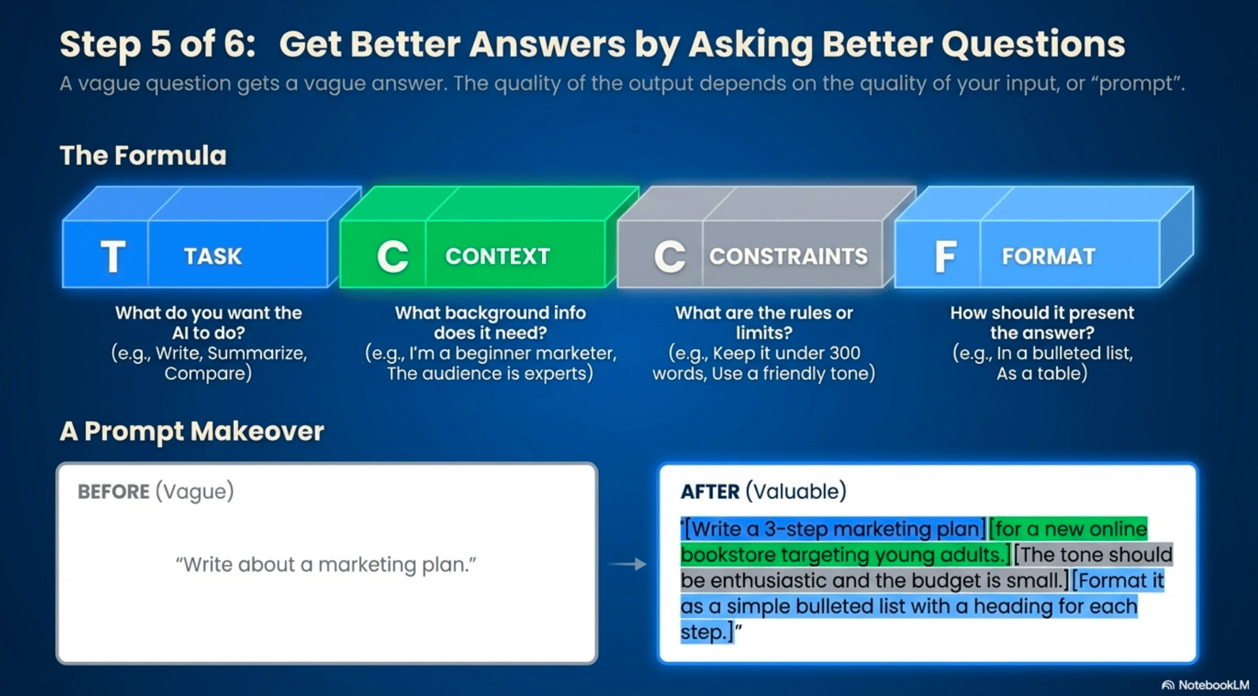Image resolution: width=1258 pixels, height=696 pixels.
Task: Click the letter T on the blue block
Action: point(113,256)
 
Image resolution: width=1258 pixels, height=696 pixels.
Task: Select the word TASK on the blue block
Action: point(213,256)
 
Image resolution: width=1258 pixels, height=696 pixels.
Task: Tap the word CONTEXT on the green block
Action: point(498,256)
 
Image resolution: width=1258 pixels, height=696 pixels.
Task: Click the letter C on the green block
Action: point(392,256)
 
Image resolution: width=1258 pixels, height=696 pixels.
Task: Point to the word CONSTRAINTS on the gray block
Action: point(789,256)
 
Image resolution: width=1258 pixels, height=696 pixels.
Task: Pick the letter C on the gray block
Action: point(670,256)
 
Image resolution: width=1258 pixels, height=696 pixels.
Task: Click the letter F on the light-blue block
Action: point(945,256)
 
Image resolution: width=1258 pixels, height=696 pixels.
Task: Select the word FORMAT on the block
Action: point(1048,256)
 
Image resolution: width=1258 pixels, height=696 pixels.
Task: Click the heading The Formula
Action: point(143,156)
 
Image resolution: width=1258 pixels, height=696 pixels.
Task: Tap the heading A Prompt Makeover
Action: point(192,431)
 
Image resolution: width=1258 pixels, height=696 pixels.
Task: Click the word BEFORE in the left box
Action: point(113,492)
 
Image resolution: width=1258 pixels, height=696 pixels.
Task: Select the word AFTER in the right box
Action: point(710,492)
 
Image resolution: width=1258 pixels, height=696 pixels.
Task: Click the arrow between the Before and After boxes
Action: point(627,564)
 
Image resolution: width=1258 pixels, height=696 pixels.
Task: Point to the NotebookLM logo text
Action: point(1213,685)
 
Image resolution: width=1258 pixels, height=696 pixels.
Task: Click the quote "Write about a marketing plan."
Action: point(326,564)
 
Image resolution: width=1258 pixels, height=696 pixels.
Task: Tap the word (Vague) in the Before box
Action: point(195,492)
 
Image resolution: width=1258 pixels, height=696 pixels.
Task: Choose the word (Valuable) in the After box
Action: point(796,492)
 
